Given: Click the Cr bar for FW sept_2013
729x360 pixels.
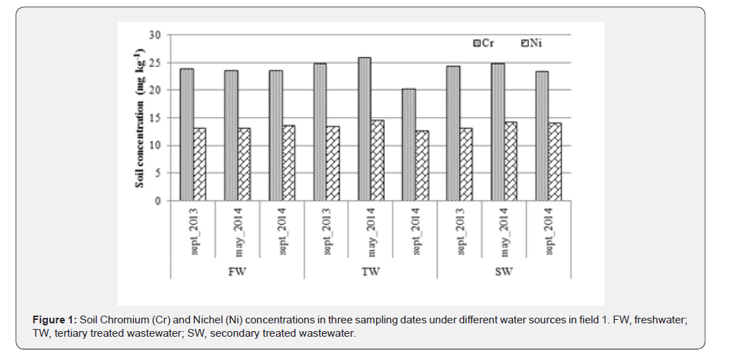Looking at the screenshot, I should [x=186, y=135].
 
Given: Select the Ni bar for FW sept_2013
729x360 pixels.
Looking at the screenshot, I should [x=201, y=164].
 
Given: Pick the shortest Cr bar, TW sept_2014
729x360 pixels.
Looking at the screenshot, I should [x=408, y=144].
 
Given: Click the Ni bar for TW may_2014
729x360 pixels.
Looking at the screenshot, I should [x=378, y=161].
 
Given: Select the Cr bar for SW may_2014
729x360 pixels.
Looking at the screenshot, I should [x=497, y=132].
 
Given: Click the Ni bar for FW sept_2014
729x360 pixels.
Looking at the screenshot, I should [x=289, y=163].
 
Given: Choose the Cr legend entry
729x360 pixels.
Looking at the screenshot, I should [x=483, y=44].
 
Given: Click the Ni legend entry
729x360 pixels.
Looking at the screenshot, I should [x=532, y=44].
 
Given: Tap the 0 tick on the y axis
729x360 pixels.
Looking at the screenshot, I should [x=158, y=201].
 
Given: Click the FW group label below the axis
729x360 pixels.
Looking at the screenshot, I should [x=237, y=271].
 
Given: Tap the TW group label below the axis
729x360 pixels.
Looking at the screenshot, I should [x=371, y=271].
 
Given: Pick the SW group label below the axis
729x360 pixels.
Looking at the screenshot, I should [x=504, y=271].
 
